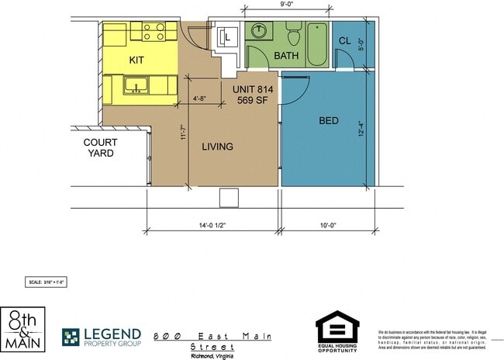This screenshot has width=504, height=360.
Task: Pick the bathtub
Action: [317, 45]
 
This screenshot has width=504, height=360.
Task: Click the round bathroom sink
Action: [259, 32]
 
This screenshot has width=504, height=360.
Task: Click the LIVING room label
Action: [217, 146]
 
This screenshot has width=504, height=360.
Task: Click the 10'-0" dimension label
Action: [330, 227]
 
